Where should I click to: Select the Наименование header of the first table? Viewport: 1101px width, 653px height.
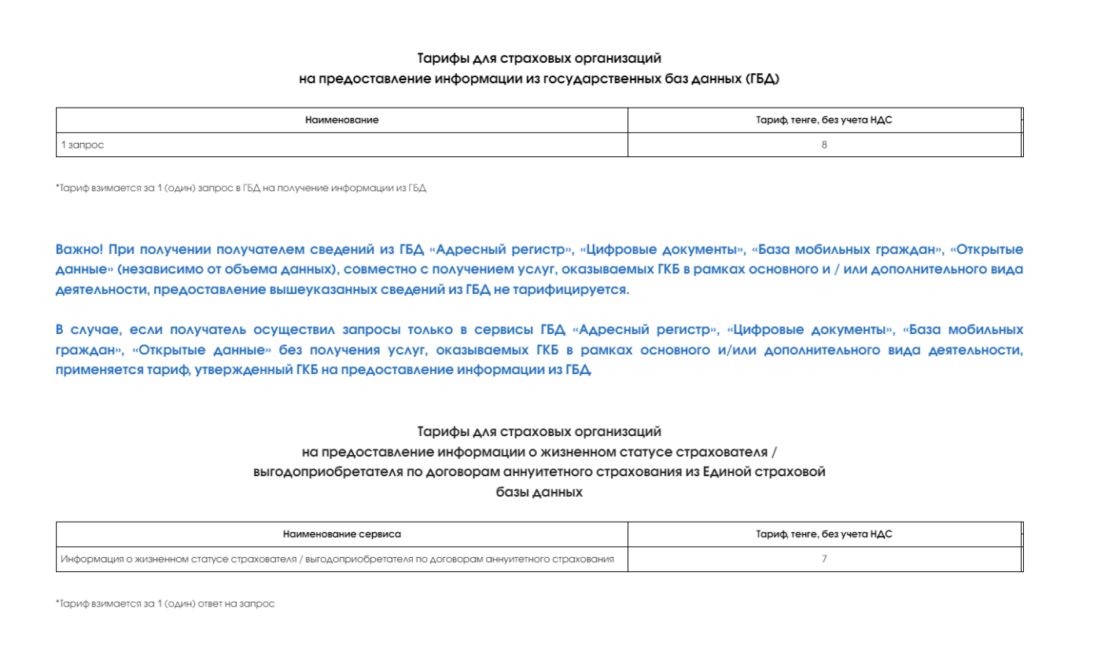341,120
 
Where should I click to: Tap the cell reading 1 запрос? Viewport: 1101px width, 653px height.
83,145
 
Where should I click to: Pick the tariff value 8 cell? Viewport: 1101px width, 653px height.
823,145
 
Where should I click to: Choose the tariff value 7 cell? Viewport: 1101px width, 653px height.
823,559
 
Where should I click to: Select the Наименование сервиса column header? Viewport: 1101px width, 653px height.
341,534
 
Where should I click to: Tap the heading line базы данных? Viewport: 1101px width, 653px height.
539,492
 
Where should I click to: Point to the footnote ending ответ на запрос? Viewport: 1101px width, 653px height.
165,603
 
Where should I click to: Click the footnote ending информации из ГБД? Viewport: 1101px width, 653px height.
241,189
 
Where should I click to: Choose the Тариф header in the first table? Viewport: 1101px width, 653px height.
823,120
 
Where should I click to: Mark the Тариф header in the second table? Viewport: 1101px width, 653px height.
823,534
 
